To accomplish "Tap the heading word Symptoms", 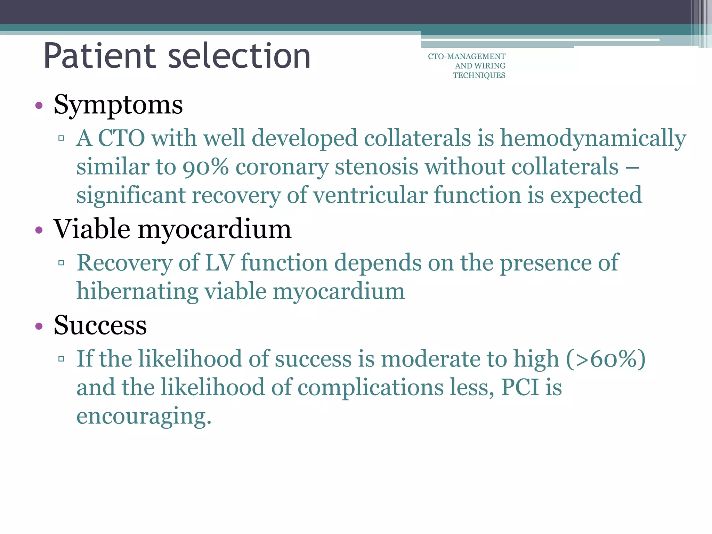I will (118, 105).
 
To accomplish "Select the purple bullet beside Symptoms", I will (39, 105).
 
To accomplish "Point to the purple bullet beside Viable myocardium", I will (39, 230).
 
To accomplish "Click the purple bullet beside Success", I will (39, 326).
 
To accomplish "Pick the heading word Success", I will (100, 325).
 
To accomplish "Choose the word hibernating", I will (137, 291).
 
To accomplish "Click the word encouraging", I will (144, 416).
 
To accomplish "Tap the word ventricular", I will (370, 195).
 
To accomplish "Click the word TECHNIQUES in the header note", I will (479, 75).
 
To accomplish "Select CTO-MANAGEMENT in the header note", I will (467, 56).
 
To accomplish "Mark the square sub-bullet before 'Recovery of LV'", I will (62, 263).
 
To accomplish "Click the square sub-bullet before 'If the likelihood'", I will (62, 359).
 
